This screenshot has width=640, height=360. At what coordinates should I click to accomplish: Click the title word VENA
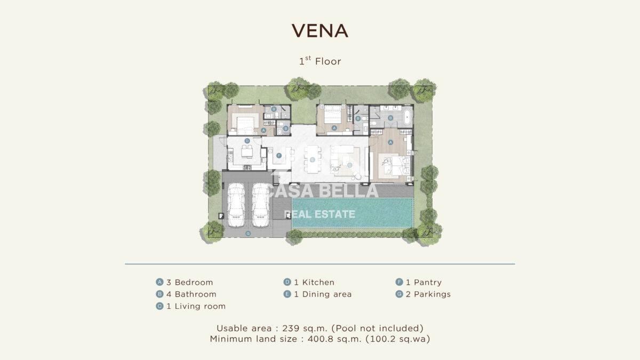319,30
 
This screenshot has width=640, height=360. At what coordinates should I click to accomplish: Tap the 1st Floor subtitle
320,61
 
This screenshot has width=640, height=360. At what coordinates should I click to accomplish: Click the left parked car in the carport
236,205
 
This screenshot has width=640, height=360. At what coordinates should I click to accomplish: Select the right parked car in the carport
261,205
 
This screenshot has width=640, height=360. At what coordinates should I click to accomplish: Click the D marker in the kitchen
247,141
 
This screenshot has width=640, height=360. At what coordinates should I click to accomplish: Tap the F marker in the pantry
279,156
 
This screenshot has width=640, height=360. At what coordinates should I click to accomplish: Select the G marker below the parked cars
248,234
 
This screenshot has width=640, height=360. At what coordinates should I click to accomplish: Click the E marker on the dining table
313,159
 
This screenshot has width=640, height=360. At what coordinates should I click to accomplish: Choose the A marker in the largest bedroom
390,142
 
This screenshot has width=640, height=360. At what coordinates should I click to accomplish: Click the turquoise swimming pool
353,213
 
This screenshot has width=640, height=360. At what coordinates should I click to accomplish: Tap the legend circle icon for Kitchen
287,282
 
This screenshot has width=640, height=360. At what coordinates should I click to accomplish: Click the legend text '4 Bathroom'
191,294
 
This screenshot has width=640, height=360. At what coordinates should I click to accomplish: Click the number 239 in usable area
291,329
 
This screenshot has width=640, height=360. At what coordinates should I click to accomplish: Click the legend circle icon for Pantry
399,282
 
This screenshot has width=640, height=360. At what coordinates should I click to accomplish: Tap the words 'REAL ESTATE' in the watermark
319,214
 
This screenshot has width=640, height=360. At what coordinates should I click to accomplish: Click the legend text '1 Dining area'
323,294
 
